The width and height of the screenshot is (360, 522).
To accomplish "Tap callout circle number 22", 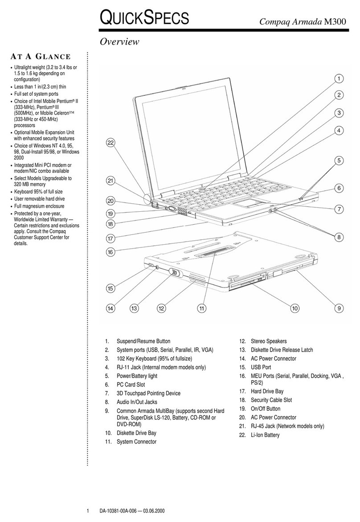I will pyautogui.click(x=110, y=143).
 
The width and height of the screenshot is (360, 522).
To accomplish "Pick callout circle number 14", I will pyautogui.click(x=110, y=308).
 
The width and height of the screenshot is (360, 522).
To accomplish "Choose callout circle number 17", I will pyautogui.click(x=110, y=238).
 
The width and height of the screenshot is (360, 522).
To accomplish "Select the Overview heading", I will pyautogui.click(x=119, y=42).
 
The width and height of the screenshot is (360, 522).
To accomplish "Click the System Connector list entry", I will pyautogui.click(x=136, y=442).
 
